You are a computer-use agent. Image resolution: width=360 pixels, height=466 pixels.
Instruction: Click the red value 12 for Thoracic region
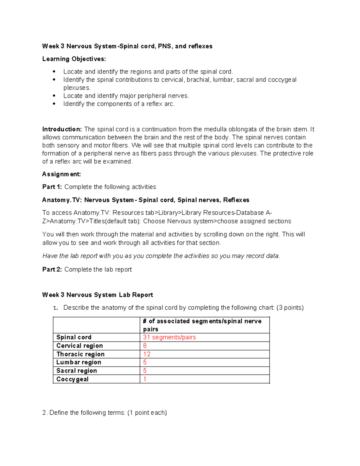[147, 354]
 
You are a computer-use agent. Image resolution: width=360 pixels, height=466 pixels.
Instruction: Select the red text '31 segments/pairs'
[169, 337]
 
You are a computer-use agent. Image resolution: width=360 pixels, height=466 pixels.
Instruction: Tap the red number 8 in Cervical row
[145, 346]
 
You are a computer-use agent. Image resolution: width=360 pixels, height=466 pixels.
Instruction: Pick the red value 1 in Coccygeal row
[145, 379]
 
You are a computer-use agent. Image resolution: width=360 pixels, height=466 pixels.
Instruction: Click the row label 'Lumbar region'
[79, 362]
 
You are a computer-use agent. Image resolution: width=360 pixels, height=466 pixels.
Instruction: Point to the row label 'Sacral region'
[76, 371]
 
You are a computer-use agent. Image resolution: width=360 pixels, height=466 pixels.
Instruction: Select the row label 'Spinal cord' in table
[74, 337]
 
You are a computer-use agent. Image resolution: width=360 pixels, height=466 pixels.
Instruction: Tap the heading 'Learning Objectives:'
[74, 59]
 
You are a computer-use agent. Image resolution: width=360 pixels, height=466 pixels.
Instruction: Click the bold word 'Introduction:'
[62, 129]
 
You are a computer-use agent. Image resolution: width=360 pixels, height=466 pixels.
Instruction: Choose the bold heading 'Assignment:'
[61, 174]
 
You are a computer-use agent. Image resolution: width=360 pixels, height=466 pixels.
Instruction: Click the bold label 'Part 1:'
[52, 187]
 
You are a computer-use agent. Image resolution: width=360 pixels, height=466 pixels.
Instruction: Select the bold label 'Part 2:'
[52, 269]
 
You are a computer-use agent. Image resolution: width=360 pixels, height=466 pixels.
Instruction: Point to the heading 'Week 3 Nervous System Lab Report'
[97, 295]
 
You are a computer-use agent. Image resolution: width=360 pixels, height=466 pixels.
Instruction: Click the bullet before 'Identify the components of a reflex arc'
[54, 104]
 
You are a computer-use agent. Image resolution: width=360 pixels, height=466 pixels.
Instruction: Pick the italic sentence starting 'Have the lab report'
[161, 256]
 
